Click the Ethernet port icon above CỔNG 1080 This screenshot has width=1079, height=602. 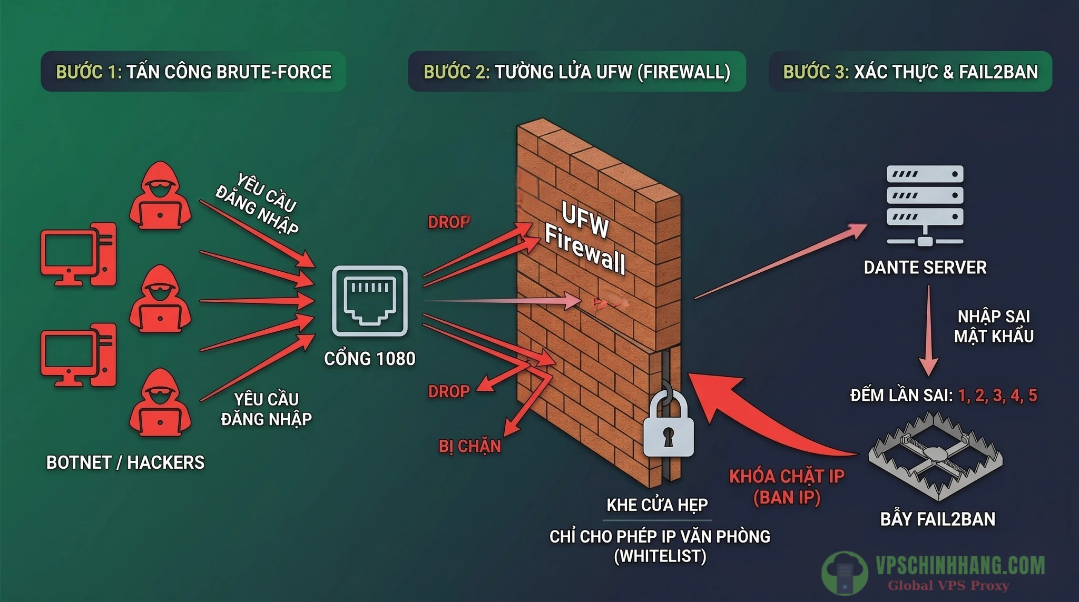click(x=369, y=301)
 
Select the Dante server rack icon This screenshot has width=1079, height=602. click(x=925, y=205)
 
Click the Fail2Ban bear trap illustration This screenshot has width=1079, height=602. click(x=935, y=456)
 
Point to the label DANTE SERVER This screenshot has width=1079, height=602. click(x=925, y=268)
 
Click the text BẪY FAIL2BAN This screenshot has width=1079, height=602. click(x=938, y=519)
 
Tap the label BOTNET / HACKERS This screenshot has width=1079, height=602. click(x=125, y=462)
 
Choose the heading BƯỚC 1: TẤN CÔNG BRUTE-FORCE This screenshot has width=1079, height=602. click(x=193, y=72)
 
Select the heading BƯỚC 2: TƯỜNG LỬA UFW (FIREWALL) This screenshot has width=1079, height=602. click(x=577, y=72)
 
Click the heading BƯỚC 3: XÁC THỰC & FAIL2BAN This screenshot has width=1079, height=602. click(x=910, y=72)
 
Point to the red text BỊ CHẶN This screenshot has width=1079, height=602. click(x=469, y=447)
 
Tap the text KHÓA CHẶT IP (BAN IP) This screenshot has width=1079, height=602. click(x=787, y=487)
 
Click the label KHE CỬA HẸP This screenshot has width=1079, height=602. click(x=657, y=505)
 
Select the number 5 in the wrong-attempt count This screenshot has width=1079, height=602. click(x=1033, y=396)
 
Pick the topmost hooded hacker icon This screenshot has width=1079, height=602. click(x=160, y=196)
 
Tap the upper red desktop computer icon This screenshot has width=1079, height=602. click(x=79, y=254)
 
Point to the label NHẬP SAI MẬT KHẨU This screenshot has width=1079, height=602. click(x=994, y=326)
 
